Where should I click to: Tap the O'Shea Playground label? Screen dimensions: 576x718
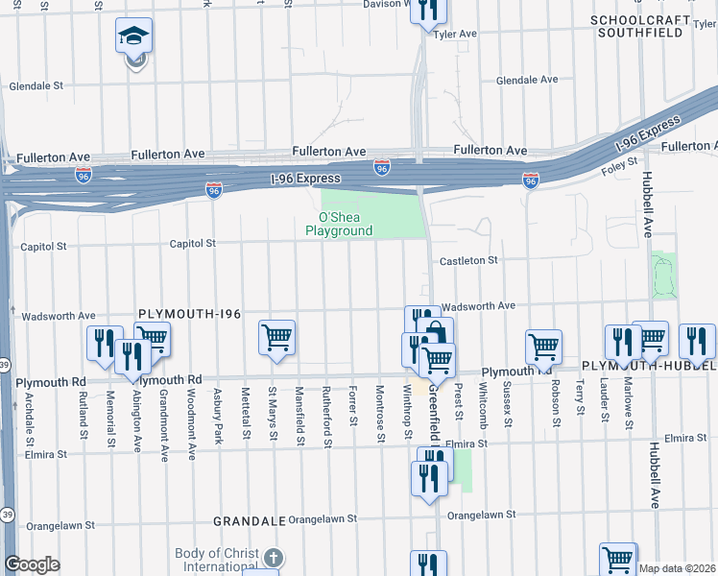(338, 225)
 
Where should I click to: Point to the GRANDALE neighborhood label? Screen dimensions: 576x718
(250, 520)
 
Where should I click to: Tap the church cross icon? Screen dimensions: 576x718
(274, 558)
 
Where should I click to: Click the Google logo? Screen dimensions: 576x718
(32, 565)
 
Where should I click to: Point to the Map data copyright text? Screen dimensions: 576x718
(678, 568)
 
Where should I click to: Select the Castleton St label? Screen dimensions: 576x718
(468, 260)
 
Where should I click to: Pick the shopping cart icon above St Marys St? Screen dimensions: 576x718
(276, 337)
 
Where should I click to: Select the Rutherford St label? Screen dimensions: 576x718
(327, 423)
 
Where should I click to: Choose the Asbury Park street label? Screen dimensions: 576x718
(218, 421)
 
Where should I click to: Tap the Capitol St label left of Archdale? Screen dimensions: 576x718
(47, 247)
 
